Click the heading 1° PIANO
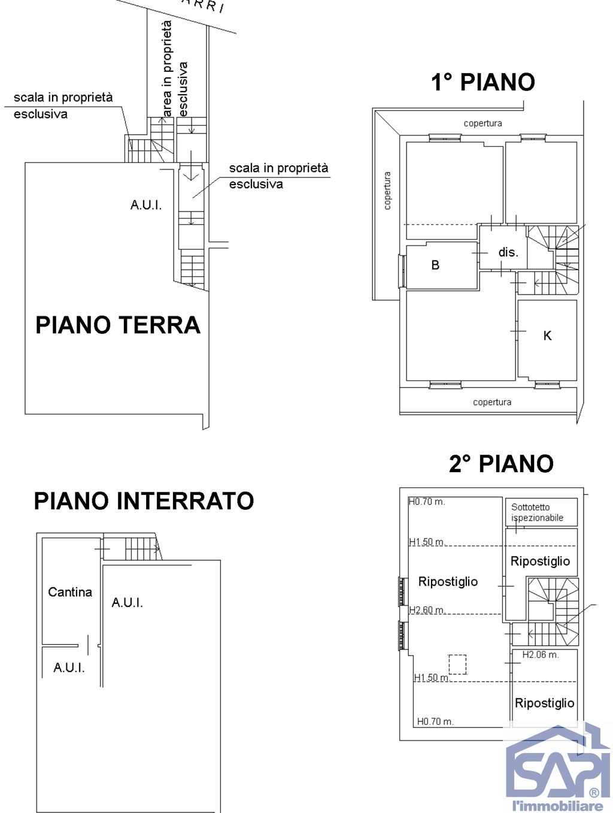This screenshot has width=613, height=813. (x=482, y=82)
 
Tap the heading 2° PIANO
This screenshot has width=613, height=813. (x=501, y=464)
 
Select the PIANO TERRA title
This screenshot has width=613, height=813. (x=118, y=325)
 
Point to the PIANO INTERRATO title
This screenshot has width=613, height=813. (x=144, y=501)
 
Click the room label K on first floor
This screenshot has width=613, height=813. (x=547, y=336)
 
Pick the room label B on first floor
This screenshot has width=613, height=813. (x=435, y=265)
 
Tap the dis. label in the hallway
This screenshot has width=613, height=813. (x=508, y=252)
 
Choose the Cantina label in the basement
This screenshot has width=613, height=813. (x=70, y=592)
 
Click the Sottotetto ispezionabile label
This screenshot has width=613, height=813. (x=537, y=512)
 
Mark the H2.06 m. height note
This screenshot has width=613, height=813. (x=541, y=655)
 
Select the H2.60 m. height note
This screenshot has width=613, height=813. (x=427, y=610)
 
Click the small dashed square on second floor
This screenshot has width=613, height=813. (x=457, y=664)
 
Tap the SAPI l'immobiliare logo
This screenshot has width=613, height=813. (x=557, y=770)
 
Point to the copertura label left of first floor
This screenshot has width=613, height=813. (x=387, y=191)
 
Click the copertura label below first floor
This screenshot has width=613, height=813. (x=492, y=402)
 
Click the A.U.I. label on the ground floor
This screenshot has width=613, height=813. (x=146, y=205)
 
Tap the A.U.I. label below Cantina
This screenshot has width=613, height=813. (x=69, y=667)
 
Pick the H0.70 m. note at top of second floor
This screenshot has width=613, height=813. (x=427, y=501)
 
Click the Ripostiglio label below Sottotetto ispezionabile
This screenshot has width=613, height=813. (x=540, y=561)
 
